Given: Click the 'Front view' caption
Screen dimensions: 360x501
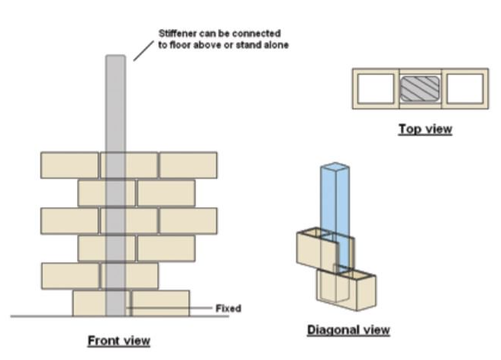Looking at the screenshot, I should pyautogui.click(x=118, y=340).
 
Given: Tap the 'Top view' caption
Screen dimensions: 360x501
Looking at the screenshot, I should pyautogui.click(x=425, y=129).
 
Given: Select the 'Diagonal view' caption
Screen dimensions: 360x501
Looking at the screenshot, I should pyautogui.click(x=348, y=330).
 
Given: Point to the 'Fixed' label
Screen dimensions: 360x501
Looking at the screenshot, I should pyautogui.click(x=228, y=309).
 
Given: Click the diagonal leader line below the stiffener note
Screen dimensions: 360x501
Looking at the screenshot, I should pyautogui.click(x=142, y=51).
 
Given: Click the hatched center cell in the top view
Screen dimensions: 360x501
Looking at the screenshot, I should pyautogui.click(x=421, y=88).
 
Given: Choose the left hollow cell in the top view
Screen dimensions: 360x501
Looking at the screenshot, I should pyautogui.click(x=376, y=88).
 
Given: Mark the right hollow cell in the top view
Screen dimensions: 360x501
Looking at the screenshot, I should pyautogui.click(x=465, y=88).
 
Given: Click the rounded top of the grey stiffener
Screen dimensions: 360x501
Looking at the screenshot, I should pyautogui.click(x=115, y=58).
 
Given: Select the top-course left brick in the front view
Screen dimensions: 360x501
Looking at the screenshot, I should pyautogui.click(x=69, y=165).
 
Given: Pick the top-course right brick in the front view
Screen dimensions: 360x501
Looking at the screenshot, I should pyautogui.click(x=188, y=165).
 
